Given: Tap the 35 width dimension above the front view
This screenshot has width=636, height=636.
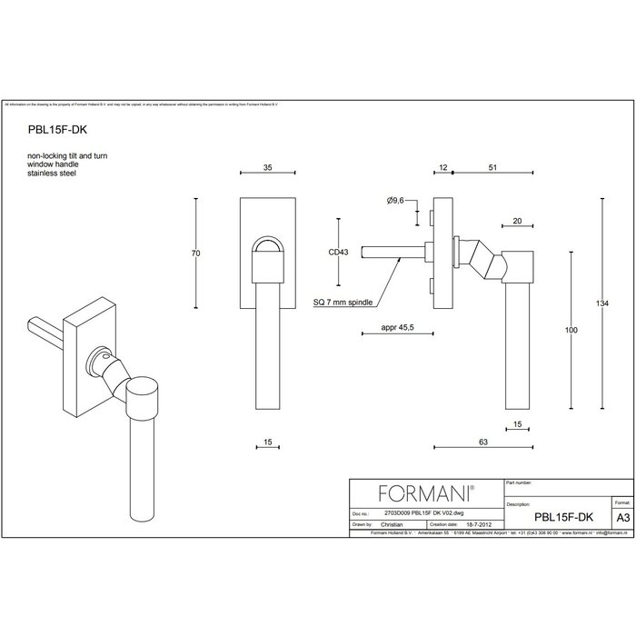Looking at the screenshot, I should click(268, 169).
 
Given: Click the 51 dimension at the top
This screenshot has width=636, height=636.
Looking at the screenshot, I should click(492, 169).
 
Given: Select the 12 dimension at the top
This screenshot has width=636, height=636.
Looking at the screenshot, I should click(442, 169).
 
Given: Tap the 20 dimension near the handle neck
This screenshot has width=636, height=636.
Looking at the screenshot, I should click(516, 220).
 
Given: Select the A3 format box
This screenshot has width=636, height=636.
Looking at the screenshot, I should click(621, 513).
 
